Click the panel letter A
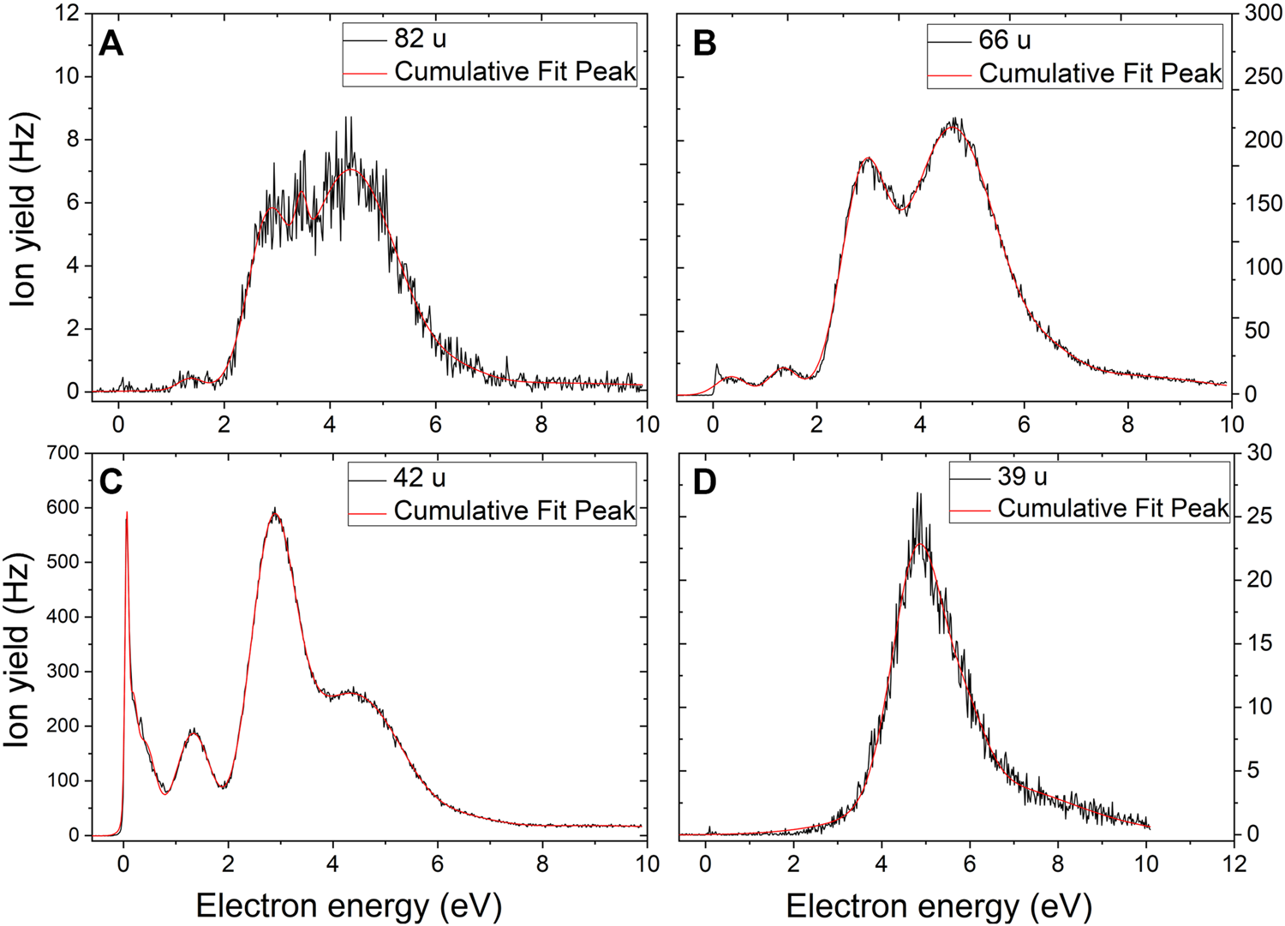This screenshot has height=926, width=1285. [111, 43]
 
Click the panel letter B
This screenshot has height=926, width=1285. [704, 43]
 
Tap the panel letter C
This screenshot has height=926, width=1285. [111, 482]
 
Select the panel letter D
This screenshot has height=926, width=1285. [704, 482]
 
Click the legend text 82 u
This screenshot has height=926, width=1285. [420, 39]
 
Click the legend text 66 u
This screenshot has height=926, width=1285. [1005, 40]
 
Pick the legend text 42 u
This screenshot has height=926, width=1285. [419, 478]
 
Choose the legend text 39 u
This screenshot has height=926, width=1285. [1022, 476]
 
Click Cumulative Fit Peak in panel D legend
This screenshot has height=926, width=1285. [1113, 509]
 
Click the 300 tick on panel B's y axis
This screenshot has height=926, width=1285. [1263, 14]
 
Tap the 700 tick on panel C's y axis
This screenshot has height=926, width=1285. [61, 453]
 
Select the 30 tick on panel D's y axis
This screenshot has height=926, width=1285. [1258, 453]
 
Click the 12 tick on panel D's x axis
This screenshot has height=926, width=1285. [1234, 863]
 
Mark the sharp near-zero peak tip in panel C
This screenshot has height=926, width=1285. [127, 512]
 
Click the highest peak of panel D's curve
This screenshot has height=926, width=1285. [918, 493]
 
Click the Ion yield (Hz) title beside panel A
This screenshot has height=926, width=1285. [24, 209]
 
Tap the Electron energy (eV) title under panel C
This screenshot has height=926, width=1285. [349, 905]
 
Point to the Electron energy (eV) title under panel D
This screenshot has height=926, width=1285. [938, 905]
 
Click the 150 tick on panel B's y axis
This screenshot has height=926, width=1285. [1263, 204]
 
